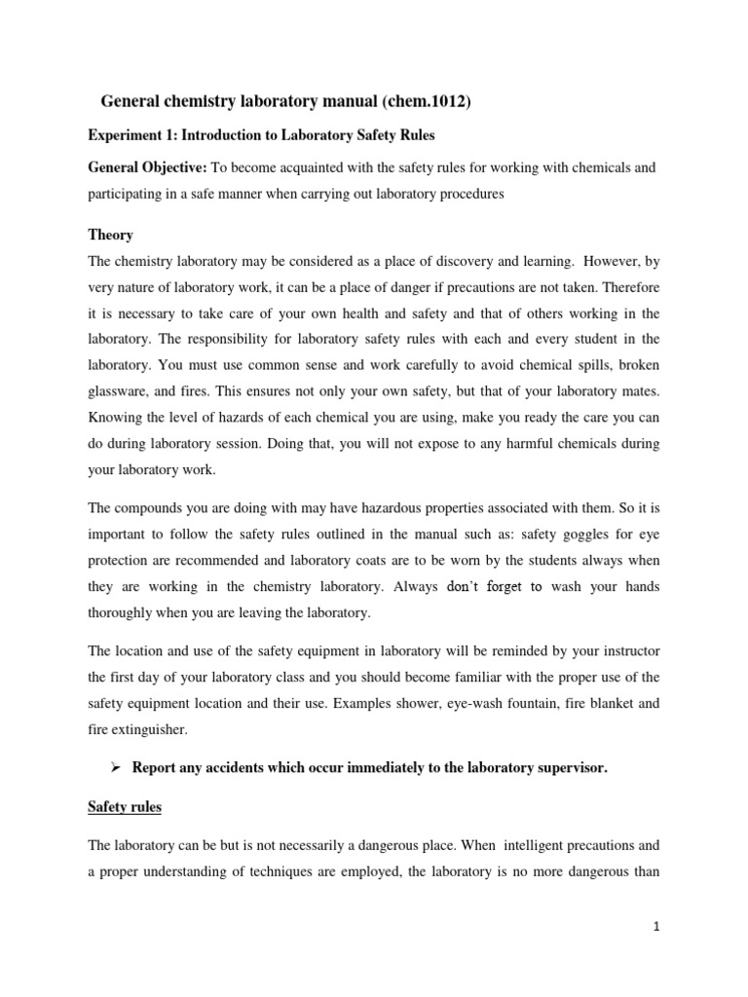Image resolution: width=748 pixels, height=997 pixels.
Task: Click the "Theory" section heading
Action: [110, 236]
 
